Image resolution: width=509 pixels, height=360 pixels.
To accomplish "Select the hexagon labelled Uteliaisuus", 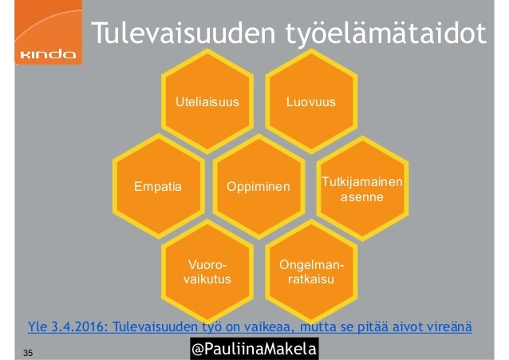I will (207, 102).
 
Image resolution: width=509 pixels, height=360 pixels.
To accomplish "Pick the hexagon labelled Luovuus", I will (310, 102).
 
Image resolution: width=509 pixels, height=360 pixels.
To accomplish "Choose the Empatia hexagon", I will (158, 187).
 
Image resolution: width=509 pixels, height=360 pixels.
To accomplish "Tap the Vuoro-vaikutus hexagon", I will (207, 271).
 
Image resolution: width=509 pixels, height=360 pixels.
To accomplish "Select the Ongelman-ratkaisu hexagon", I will (310, 271).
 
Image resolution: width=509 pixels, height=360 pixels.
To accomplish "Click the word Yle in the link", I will (37, 326).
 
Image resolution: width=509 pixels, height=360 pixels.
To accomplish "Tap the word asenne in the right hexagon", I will (361, 196).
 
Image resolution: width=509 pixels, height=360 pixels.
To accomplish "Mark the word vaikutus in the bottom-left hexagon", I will (207, 280).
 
